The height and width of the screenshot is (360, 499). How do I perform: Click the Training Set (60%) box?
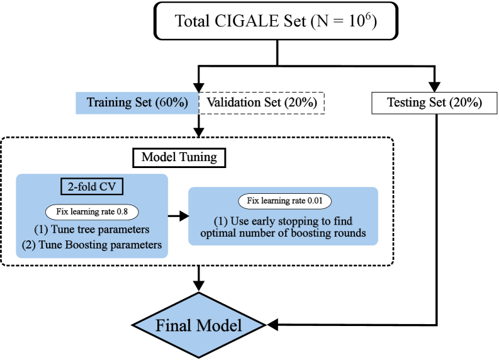click(137, 103)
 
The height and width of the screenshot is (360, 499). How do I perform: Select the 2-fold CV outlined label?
click(92, 187)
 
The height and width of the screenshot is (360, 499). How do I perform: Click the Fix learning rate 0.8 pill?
click(92, 211)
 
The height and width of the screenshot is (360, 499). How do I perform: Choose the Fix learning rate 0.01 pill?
click(284, 201)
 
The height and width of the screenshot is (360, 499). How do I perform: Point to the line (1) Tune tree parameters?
click(92, 228)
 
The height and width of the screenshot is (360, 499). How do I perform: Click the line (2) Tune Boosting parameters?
click(92, 245)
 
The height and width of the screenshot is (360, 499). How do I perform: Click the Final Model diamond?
click(199, 325)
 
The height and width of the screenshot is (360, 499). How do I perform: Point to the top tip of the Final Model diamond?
click(199, 295)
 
